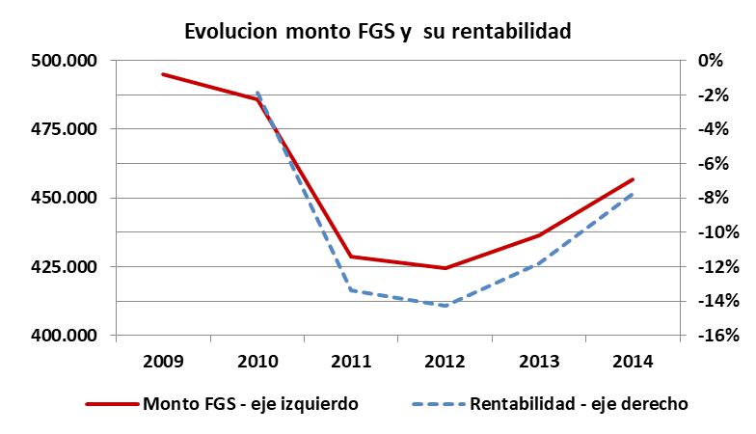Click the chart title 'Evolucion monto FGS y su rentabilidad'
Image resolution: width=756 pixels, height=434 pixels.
click(x=378, y=31)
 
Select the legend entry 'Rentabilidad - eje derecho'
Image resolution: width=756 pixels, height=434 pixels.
click(x=579, y=404)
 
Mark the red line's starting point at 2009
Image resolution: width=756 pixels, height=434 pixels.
click(x=162, y=74)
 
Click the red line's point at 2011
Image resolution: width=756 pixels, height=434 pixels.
click(x=351, y=257)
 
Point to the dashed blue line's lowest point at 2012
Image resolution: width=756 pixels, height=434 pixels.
click(x=445, y=306)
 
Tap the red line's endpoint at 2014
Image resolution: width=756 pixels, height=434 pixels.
click(x=633, y=179)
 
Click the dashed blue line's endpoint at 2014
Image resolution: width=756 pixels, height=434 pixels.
click(x=633, y=194)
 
